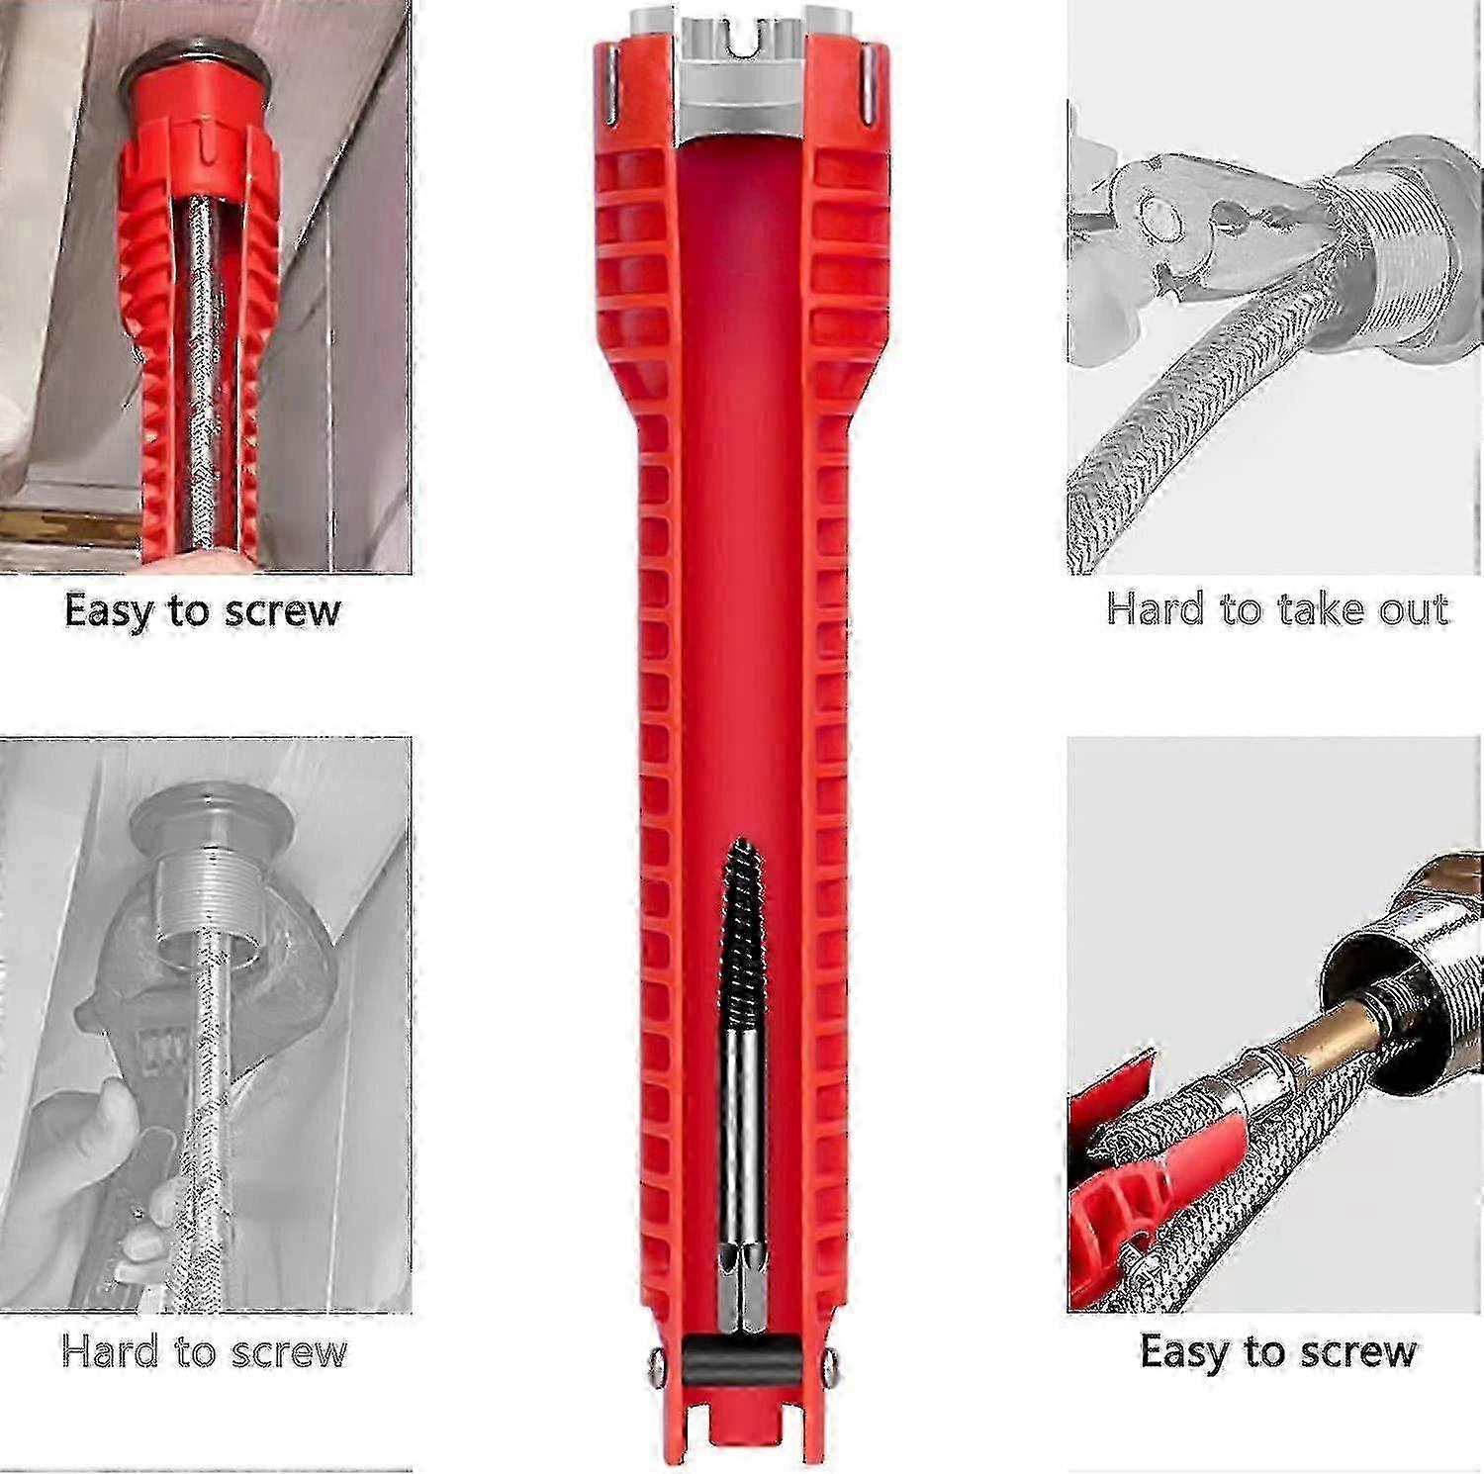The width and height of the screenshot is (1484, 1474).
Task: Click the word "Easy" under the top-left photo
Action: (109, 611)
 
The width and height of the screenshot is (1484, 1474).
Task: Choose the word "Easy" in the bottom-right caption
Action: (1184, 1351)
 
